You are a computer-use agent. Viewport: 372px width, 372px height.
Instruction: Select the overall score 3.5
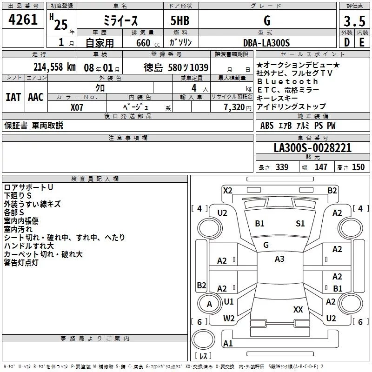[x=354, y=21]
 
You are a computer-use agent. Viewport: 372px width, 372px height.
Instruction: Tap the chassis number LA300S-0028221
[x=312, y=148]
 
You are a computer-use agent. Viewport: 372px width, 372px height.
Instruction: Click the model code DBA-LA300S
[x=266, y=43]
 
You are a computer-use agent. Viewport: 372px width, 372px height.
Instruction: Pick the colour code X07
[x=77, y=106]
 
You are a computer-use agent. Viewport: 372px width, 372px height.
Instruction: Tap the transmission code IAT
[x=13, y=97]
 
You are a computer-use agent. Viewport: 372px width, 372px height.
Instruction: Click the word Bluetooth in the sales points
[x=288, y=81]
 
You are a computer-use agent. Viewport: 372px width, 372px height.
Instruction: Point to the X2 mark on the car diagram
[x=227, y=190]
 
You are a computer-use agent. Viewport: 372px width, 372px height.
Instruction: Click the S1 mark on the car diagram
[x=300, y=224]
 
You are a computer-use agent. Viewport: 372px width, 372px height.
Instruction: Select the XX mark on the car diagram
[x=298, y=309]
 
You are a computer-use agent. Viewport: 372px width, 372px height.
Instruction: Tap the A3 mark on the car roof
[x=279, y=259]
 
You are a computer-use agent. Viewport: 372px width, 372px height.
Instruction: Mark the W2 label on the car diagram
[x=229, y=318]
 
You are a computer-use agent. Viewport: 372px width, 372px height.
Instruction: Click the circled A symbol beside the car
[x=209, y=304]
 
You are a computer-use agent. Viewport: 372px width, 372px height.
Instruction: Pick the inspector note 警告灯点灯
[x=21, y=263]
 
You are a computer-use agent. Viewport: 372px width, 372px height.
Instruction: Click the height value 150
[x=359, y=167]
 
